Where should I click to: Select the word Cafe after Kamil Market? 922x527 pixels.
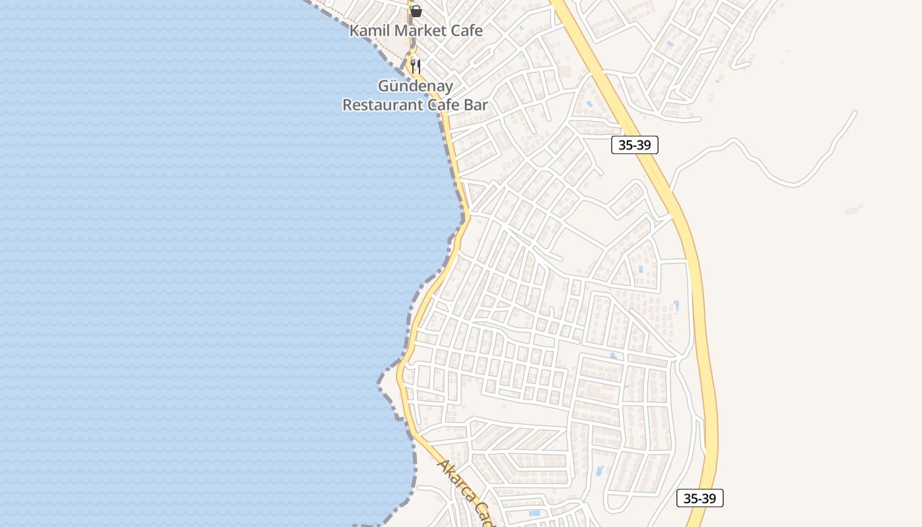tap(466, 30)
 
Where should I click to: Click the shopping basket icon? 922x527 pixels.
tap(416, 11)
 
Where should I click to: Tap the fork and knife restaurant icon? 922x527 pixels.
tap(416, 66)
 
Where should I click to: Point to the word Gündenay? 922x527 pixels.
tap(415, 86)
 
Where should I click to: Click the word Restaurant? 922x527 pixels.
tap(383, 105)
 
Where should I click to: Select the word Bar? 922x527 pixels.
tap(477, 105)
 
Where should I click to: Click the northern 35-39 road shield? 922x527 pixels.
tap(634, 145)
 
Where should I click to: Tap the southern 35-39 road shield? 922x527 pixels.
tap(699, 498)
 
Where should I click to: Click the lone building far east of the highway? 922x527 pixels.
tap(854, 210)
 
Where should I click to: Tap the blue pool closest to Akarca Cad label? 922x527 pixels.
tap(534, 513)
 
